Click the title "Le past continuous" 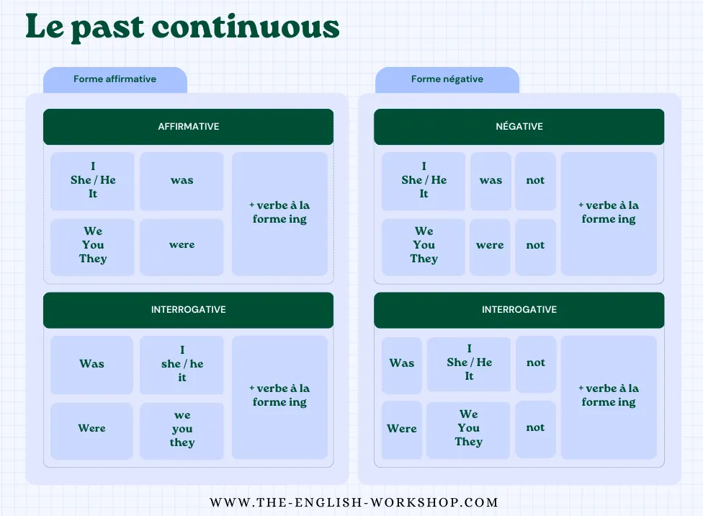[x=182, y=27]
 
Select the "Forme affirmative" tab [x=115, y=79]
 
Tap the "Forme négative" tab [x=447, y=79]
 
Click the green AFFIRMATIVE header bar [x=188, y=127]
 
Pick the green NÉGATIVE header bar [x=519, y=127]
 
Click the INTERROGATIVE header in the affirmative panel [x=188, y=310]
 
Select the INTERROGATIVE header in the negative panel [x=519, y=310]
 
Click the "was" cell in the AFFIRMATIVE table [x=182, y=181]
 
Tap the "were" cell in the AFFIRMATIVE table [x=182, y=245]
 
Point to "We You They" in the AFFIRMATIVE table [x=92, y=246]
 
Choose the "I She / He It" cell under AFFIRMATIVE [x=92, y=181]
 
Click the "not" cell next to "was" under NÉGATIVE [x=535, y=181]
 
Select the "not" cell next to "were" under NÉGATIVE [x=535, y=246]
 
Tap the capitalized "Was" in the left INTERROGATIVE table [x=91, y=364]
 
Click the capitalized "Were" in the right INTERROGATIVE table [x=401, y=429]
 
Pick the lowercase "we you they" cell [x=182, y=429]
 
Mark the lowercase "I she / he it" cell [x=182, y=364]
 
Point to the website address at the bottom [x=354, y=502]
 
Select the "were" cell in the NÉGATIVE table [x=490, y=246]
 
